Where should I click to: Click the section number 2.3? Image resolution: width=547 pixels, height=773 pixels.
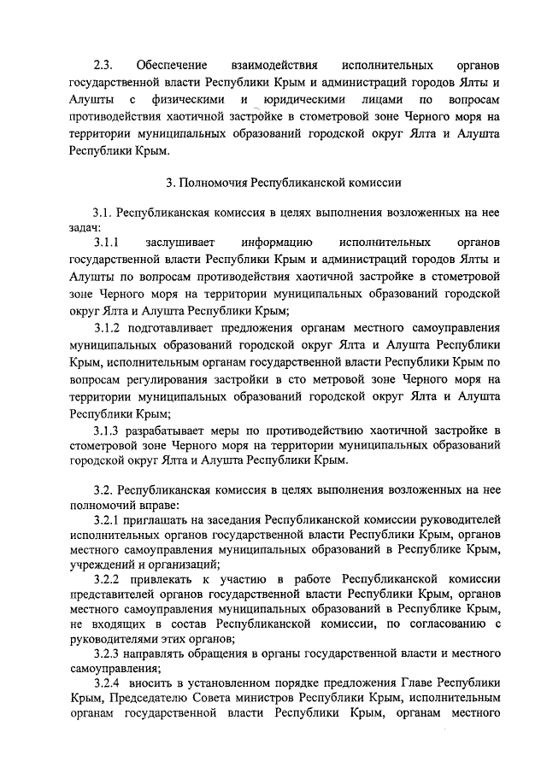[103, 65]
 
